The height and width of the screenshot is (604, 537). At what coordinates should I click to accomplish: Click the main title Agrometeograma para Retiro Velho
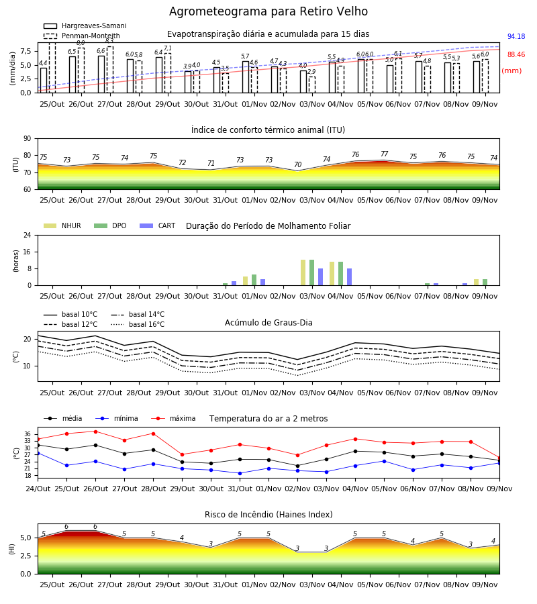[268, 11]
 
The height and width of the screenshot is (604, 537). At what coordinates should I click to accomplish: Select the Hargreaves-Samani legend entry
[85, 26]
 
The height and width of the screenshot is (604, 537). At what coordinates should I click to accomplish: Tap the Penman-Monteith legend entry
[82, 36]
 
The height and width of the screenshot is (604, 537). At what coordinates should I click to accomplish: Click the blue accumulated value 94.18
[516, 37]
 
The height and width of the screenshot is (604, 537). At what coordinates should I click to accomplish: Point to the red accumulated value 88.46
[516, 55]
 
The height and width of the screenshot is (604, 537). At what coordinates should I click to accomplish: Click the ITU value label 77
[384, 154]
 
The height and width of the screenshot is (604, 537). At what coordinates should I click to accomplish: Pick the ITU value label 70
[297, 164]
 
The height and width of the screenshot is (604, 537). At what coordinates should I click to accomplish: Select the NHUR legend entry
[62, 225]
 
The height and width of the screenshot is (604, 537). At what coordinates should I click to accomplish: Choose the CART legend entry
[158, 225]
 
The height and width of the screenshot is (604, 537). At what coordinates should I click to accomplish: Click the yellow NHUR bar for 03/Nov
[303, 272]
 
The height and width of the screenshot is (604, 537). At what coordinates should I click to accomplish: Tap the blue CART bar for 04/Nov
[350, 277]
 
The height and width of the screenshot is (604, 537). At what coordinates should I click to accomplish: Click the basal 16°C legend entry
[138, 324]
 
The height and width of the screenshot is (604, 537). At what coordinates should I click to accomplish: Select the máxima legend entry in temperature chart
[173, 418]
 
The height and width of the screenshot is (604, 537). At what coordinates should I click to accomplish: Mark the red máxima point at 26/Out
[95, 432]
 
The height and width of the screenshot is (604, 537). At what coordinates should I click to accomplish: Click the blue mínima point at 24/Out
[38, 454]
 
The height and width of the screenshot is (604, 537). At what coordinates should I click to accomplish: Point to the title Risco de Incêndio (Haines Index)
[268, 514]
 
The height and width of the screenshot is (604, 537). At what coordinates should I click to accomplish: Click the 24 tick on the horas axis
[28, 236]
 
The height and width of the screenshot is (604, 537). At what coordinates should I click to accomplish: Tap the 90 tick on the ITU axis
[28, 139]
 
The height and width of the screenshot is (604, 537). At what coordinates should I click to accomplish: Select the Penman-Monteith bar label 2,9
[311, 72]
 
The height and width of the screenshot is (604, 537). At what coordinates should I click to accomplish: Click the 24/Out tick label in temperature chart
[38, 489]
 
